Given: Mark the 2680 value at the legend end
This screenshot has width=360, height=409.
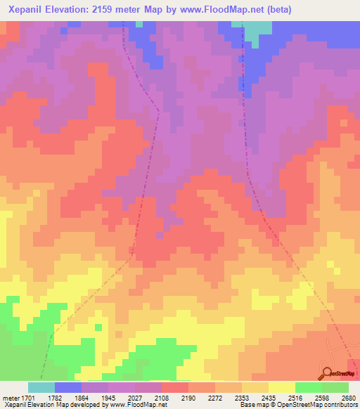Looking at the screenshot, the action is (349, 397).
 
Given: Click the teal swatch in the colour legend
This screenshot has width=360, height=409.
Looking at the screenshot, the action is (41, 387).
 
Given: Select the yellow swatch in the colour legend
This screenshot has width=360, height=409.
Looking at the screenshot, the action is (282, 387).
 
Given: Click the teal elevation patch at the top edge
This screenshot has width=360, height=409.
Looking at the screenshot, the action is (257, 32).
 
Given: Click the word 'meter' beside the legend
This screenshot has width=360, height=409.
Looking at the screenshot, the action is (11, 397).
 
